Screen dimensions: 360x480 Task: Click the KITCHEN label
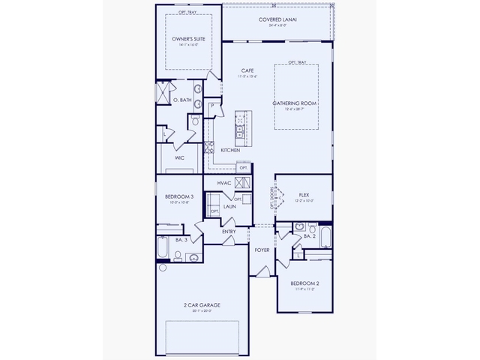230,150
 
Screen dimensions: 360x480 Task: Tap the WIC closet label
180,158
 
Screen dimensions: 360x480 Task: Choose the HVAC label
223,182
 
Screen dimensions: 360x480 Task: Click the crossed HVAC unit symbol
242,182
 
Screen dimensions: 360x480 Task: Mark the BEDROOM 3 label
179,196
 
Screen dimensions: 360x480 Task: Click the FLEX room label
304,193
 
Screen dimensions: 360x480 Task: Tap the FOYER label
262,250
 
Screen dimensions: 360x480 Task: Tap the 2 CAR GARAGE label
201,305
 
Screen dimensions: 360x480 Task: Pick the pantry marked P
213,106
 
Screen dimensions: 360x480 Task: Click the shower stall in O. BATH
163,93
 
